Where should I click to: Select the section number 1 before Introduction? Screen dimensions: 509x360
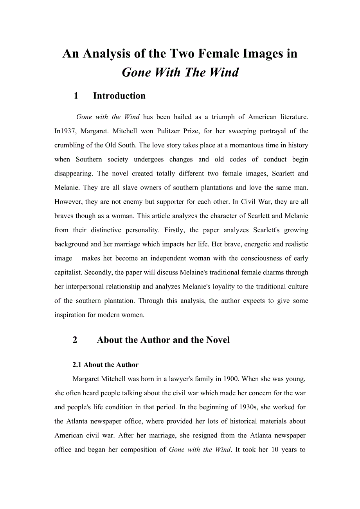[x=76, y=96]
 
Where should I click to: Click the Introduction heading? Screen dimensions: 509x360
[x=119, y=96]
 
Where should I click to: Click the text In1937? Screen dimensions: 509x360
[x=65, y=131]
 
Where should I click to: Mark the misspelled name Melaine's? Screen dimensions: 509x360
[x=195, y=272]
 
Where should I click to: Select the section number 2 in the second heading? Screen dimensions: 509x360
[x=75, y=340]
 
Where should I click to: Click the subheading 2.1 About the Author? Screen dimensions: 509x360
[x=105, y=365]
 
